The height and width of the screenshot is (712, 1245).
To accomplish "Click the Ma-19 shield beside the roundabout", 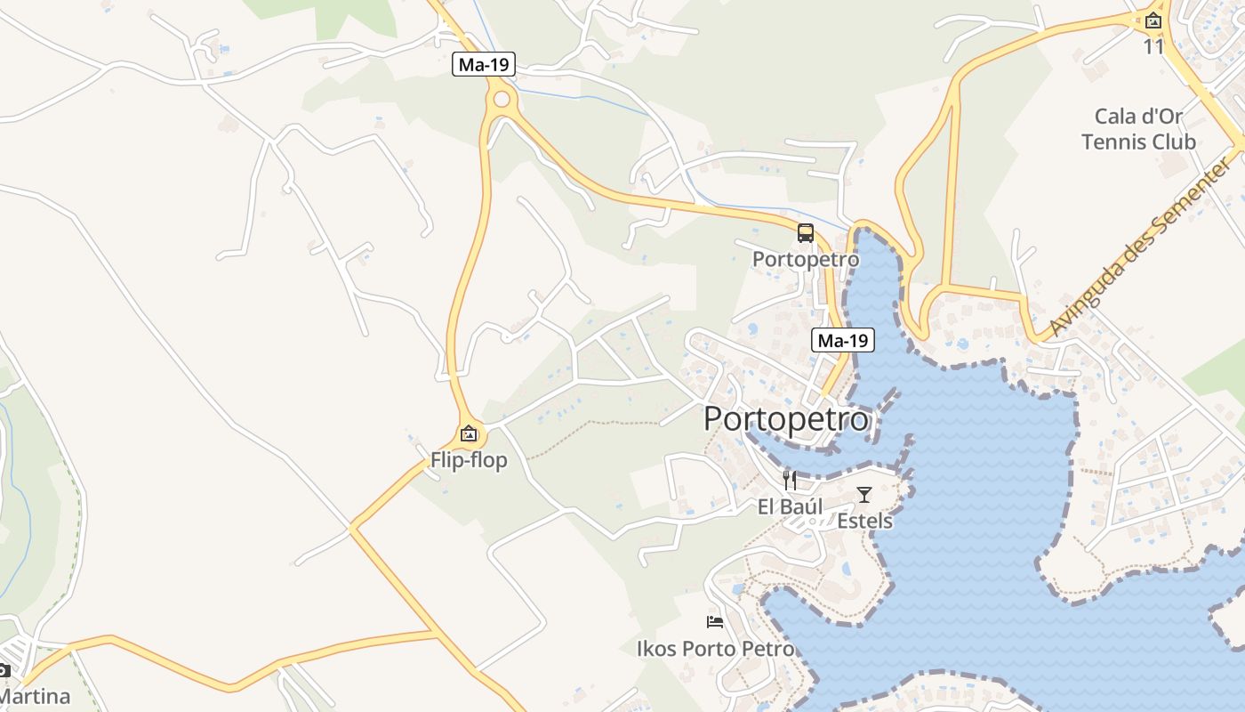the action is tap(484, 64).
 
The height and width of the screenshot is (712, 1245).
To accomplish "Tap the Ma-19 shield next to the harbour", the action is tap(842, 340).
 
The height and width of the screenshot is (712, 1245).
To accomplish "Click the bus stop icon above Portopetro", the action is tap(806, 233).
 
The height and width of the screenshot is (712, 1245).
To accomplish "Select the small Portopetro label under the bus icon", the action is tap(806, 259).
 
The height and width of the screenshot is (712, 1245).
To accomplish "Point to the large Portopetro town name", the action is tap(786, 418).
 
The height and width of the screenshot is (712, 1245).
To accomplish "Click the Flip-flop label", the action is tap(469, 460).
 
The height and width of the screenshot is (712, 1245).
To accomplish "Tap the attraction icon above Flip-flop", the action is tap(469, 434).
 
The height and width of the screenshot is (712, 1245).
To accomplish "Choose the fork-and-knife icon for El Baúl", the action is tap(790, 481).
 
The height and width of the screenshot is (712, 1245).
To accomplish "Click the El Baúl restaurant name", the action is tap(790, 506).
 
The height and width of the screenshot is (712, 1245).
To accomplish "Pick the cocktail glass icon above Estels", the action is tap(864, 494).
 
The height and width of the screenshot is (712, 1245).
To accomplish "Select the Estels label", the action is tap(864, 521).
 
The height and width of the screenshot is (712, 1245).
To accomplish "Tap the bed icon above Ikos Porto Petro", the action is tap(715, 621).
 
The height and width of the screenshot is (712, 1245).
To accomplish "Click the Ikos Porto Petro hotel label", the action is tap(715, 649).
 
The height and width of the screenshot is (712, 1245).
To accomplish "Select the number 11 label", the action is tap(1153, 46).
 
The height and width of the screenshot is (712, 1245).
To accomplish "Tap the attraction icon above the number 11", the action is tap(1153, 20).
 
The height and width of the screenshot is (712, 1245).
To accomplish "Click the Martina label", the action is tap(34, 695).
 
